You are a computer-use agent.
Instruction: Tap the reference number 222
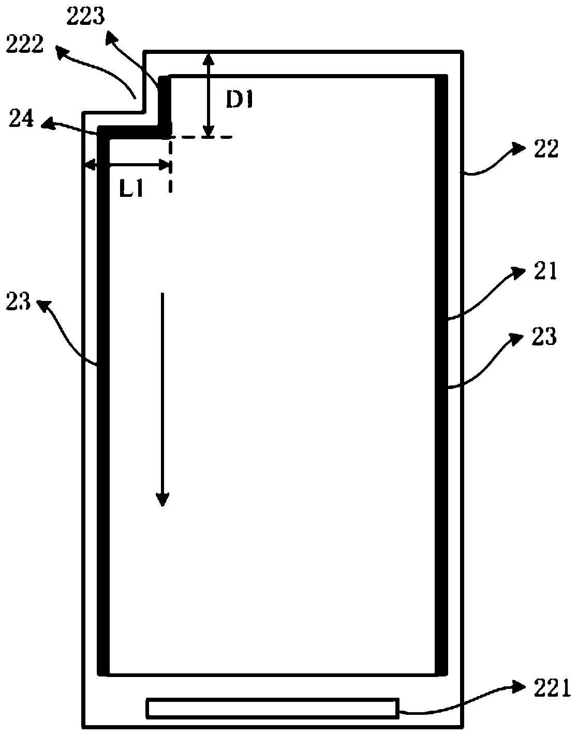coord(24,46)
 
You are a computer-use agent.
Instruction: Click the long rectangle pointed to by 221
coord(273,708)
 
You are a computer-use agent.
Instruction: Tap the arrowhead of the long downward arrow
coord(163,499)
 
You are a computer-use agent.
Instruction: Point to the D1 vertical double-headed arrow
coord(208,95)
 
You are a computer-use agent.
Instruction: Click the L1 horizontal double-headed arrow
coord(128,166)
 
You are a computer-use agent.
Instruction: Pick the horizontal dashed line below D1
coord(202,137)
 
